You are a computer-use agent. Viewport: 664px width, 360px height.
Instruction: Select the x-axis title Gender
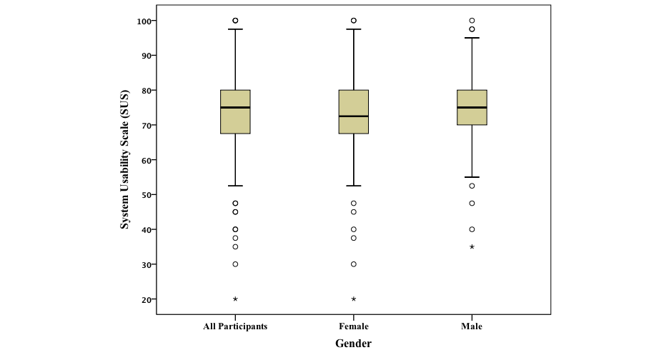coord(353,344)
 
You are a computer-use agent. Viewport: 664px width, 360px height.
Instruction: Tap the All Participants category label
coord(235,326)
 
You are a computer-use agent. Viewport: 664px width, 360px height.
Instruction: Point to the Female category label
coord(353,326)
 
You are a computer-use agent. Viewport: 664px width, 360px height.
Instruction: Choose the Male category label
coord(472,326)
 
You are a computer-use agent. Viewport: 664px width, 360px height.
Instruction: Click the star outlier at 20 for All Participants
coord(235,299)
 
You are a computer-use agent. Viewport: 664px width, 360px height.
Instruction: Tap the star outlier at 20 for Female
coord(353,299)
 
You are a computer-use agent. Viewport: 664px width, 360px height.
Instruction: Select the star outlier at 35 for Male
coord(472,246)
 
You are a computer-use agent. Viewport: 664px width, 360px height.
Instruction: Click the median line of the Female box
coord(353,116)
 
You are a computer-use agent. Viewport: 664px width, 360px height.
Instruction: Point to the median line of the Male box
coord(472,107)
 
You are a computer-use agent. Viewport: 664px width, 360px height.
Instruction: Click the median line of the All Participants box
coord(235,107)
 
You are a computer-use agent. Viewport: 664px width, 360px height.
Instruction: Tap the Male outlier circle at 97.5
coord(472,29)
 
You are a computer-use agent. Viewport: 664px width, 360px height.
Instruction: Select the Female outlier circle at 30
coord(353,264)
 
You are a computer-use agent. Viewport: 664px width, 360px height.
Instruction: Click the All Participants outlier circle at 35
coord(235,246)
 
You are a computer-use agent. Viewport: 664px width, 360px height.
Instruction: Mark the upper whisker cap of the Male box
coord(472,38)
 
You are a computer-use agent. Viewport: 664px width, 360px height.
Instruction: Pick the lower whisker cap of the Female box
coord(353,186)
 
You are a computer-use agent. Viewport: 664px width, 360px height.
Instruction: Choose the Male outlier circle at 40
coord(472,229)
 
